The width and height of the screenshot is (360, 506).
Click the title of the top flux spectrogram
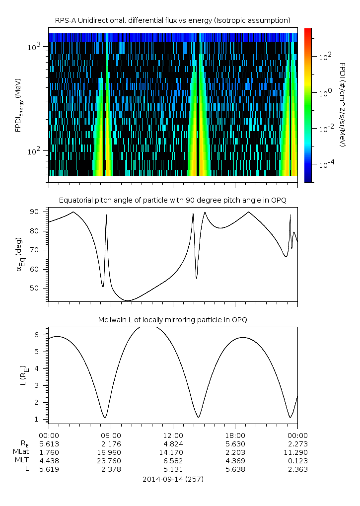172,20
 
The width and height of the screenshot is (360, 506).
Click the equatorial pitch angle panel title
172,200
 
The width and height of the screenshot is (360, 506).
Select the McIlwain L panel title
172,319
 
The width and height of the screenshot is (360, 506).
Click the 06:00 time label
111,434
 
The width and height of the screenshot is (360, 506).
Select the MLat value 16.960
111,452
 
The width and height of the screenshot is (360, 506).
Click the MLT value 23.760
111,461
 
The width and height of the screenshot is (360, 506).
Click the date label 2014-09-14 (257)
172,479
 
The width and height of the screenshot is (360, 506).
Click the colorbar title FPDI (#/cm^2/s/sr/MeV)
342,105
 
